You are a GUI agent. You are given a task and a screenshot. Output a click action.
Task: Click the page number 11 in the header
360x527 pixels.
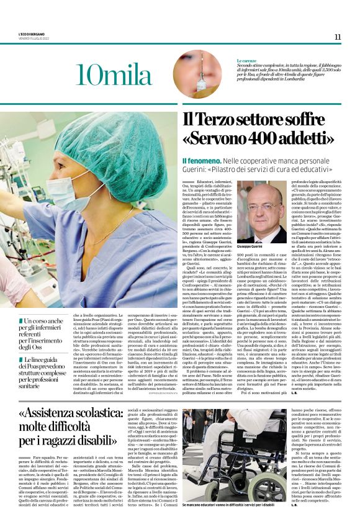point(337,37)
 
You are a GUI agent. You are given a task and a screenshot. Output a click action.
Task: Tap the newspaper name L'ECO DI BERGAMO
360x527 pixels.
point(32,33)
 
